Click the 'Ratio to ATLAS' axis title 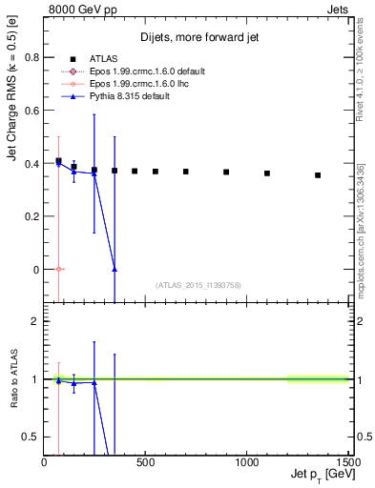click(14, 380)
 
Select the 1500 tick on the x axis click(346, 463)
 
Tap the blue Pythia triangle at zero click(115, 270)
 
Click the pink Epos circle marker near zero click(58, 269)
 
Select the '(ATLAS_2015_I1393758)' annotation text click(198, 285)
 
